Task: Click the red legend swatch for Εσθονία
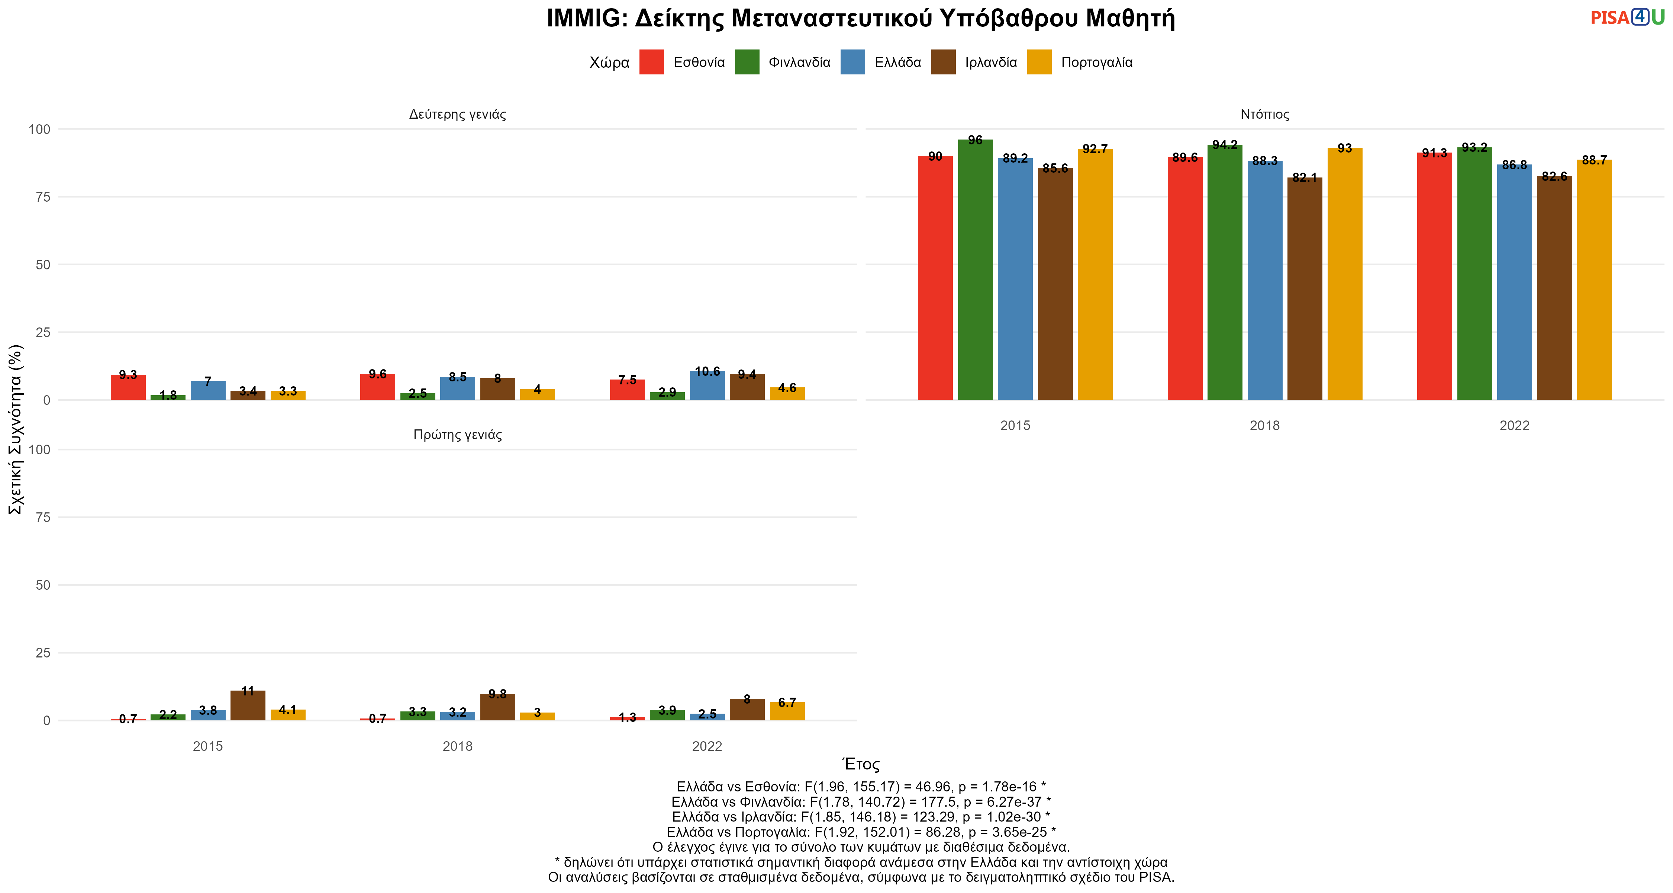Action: (651, 63)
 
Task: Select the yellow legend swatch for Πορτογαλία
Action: (1039, 63)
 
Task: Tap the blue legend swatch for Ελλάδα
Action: (853, 63)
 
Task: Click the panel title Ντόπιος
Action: (1264, 114)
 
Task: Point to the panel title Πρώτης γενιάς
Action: (458, 435)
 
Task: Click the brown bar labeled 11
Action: (248, 705)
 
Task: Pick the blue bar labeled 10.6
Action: (707, 385)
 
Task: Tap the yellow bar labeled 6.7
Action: (787, 711)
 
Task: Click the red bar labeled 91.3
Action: (1435, 276)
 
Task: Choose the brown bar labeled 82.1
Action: (1305, 289)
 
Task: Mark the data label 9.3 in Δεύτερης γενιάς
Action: (128, 375)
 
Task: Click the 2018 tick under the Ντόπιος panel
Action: (1264, 426)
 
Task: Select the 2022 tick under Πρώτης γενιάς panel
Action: (707, 746)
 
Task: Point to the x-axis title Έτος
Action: (861, 764)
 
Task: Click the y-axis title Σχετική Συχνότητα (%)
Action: (16, 429)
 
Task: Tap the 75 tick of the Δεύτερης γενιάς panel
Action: (43, 197)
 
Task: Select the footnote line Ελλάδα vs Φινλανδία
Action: (861, 802)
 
